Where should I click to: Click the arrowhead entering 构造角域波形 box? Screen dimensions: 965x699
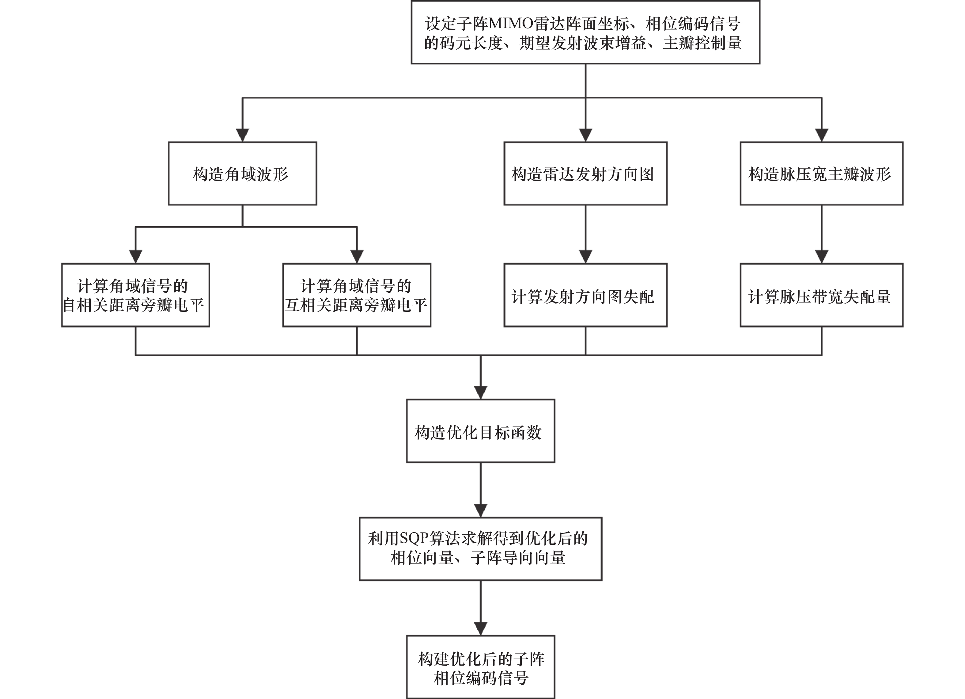pos(243,135)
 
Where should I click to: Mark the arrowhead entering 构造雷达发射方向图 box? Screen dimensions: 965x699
pos(586,135)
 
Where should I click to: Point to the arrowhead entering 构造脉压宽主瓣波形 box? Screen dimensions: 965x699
pos(822,135)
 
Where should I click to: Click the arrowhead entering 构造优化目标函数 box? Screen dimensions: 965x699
pos(481,392)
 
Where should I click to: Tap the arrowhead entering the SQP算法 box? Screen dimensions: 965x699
pos(481,511)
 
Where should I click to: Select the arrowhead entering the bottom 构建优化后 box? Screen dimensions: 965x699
pos(481,629)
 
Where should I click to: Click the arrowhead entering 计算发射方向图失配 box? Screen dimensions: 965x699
pos(586,257)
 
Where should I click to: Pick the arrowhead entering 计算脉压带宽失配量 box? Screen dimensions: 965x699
pos(822,257)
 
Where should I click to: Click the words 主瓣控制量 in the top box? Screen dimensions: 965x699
pos(702,43)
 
